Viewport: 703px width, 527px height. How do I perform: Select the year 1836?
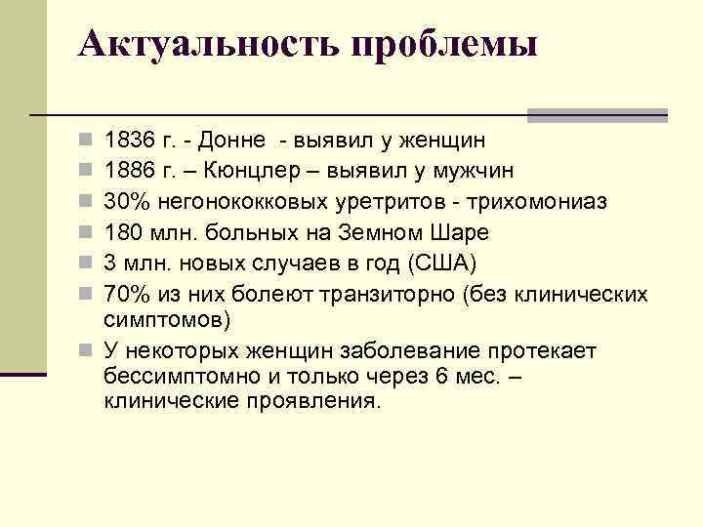click(x=127, y=142)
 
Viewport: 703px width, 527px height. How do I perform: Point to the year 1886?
click(x=127, y=172)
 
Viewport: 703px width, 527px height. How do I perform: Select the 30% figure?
click(x=123, y=202)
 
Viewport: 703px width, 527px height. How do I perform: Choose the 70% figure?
click(x=123, y=293)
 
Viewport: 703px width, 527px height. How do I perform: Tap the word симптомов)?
click(x=167, y=319)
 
